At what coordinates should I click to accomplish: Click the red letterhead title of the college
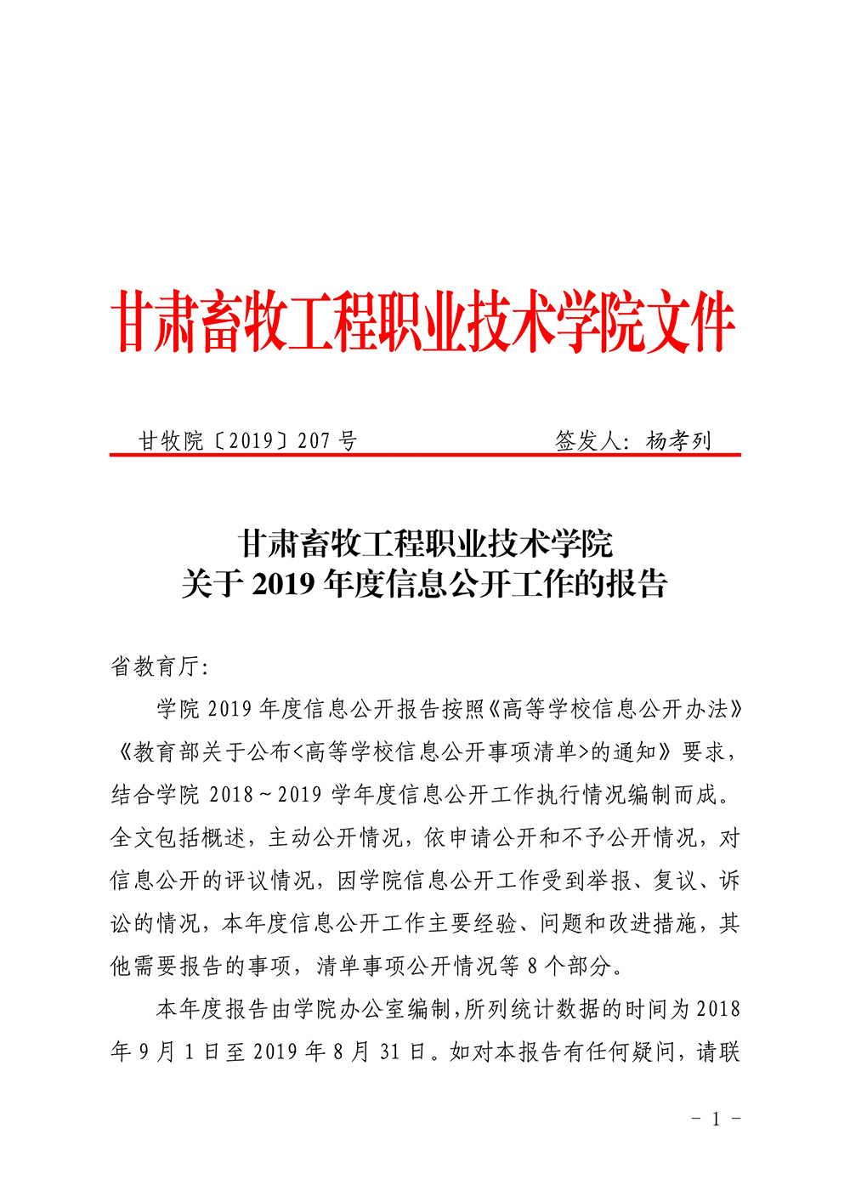(x=423, y=321)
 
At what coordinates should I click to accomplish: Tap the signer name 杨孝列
(x=678, y=440)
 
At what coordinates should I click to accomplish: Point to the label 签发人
(x=588, y=440)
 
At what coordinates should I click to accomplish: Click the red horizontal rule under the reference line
(x=425, y=456)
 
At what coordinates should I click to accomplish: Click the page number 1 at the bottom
(x=716, y=1119)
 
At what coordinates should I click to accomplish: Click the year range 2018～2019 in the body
(x=265, y=795)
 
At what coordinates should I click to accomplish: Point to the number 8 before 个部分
(x=533, y=967)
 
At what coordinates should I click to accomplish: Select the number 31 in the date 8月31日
(x=390, y=1052)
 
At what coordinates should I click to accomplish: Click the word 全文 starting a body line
(x=133, y=838)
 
